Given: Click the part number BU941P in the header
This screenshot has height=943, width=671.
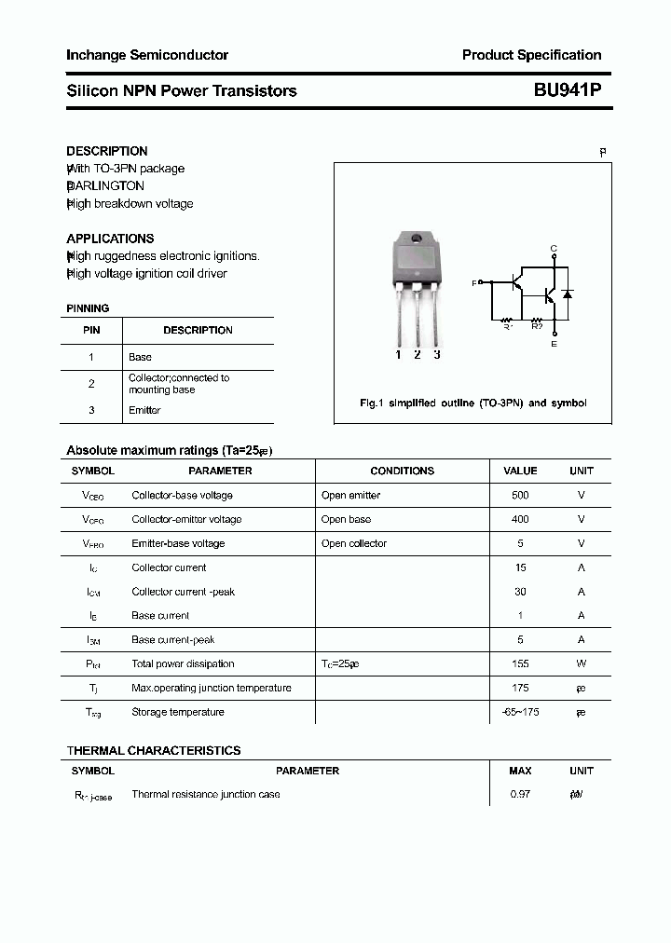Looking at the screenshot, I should tap(567, 90).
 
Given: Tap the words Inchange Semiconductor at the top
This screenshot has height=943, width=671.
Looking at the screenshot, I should tap(147, 55).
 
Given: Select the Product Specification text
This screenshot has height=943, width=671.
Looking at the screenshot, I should tap(531, 55).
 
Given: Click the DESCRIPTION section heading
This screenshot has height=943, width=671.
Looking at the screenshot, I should tap(106, 151).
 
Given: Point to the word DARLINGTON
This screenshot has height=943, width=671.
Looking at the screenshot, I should tap(105, 186).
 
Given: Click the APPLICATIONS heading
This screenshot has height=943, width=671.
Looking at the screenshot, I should tap(110, 239).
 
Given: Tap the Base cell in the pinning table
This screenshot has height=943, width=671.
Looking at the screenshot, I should tap(140, 357).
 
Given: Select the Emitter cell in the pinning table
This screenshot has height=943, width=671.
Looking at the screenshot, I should tap(144, 410).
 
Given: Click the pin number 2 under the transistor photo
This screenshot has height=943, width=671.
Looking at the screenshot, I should tap(417, 354).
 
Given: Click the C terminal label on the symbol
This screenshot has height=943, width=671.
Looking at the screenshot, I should tap(554, 249).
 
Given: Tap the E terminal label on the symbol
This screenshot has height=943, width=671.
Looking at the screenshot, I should tap(554, 345).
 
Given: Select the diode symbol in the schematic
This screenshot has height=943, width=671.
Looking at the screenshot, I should tap(567, 294).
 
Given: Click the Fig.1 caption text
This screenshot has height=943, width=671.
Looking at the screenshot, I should tap(472, 403).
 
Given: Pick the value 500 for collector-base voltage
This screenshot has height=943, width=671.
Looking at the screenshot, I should tap(520, 496).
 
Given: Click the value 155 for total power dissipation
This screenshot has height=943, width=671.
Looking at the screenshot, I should tap(520, 664).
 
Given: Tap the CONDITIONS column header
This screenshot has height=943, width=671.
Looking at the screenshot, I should tap(402, 471).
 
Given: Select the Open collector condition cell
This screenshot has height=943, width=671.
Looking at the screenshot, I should tap(353, 544).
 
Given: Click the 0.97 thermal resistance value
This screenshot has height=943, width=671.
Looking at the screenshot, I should tap(520, 795).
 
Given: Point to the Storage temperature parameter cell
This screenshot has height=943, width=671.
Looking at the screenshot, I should tap(178, 713).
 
